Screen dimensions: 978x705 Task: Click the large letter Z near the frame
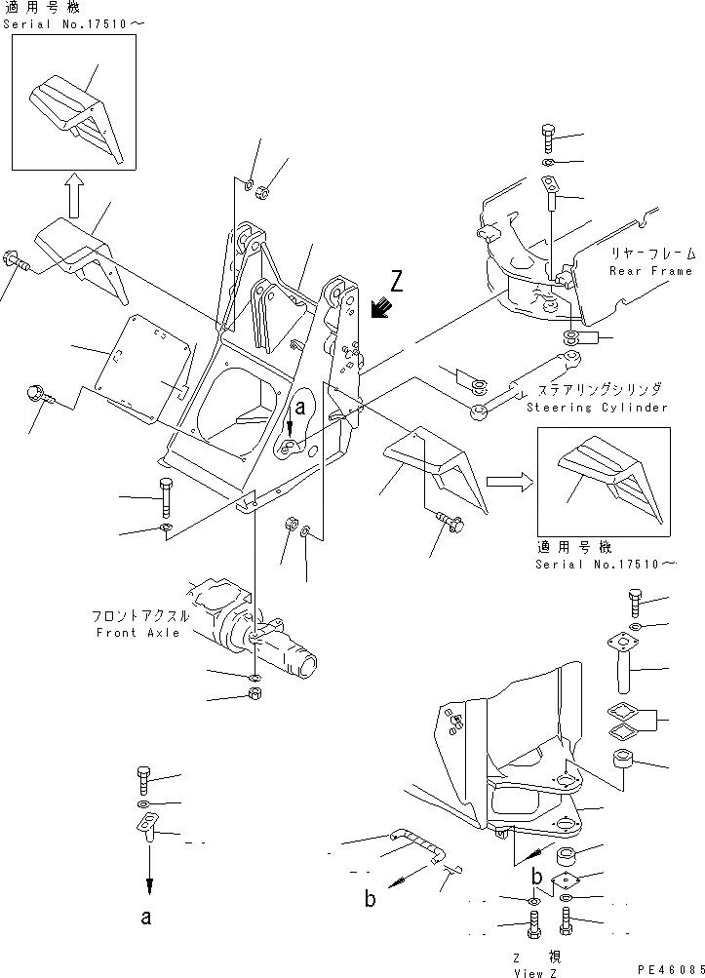click(x=395, y=282)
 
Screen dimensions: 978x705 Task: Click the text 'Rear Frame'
click(x=650, y=270)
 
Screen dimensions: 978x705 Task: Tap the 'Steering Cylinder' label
click(x=597, y=408)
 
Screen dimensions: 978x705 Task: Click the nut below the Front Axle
click(x=254, y=695)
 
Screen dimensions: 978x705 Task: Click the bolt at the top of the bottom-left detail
click(x=143, y=781)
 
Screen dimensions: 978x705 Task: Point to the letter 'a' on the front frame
click(x=301, y=410)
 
